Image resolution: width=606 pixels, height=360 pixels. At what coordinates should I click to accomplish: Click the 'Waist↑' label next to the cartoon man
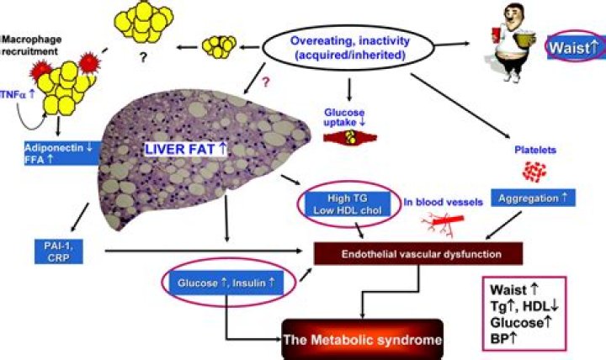pyautogui.click(x=573, y=48)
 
